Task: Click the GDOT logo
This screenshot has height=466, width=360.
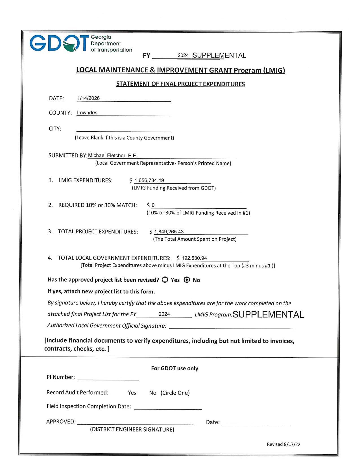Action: (80, 44)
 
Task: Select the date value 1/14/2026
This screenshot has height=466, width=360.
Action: (88, 98)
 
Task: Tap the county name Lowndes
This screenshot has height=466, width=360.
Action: (87, 113)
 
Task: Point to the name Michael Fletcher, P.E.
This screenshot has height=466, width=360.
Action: (113, 156)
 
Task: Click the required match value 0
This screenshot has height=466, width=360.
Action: (153, 205)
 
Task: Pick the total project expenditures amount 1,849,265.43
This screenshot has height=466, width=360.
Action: (169, 232)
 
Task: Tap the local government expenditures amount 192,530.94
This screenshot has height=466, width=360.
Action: (194, 258)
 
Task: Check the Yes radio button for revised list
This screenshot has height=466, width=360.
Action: (165, 280)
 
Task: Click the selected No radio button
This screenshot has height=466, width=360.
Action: (187, 280)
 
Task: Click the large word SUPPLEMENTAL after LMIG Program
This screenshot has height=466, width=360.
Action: (268, 315)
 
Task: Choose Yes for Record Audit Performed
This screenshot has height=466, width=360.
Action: (132, 393)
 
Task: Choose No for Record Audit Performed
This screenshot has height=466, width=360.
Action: (153, 393)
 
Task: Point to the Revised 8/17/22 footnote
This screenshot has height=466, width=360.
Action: (283, 444)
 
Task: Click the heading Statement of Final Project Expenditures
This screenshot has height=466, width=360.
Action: (180, 84)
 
